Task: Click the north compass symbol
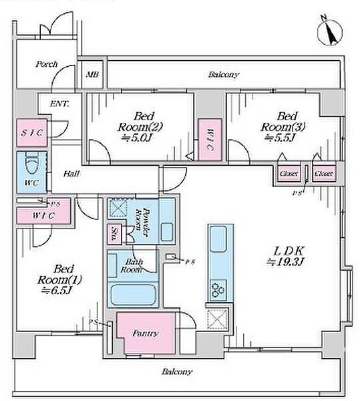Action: [329, 33]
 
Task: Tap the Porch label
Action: [47, 64]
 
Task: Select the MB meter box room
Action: [92, 74]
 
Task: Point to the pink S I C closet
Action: [32, 133]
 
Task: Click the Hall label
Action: [71, 174]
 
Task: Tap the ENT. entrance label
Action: [59, 104]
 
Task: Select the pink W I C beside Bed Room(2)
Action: [210, 140]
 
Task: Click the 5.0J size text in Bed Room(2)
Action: [137, 138]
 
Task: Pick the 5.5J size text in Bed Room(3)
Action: [280, 138]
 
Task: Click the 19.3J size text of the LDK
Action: [285, 262]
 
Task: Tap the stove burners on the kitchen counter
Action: [218, 289]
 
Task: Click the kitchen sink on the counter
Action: [218, 239]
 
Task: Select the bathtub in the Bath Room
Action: [134, 295]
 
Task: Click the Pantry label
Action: [145, 333]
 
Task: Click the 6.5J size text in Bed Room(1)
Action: [58, 291]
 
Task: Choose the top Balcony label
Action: [224, 75]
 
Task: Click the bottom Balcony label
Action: [177, 372]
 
